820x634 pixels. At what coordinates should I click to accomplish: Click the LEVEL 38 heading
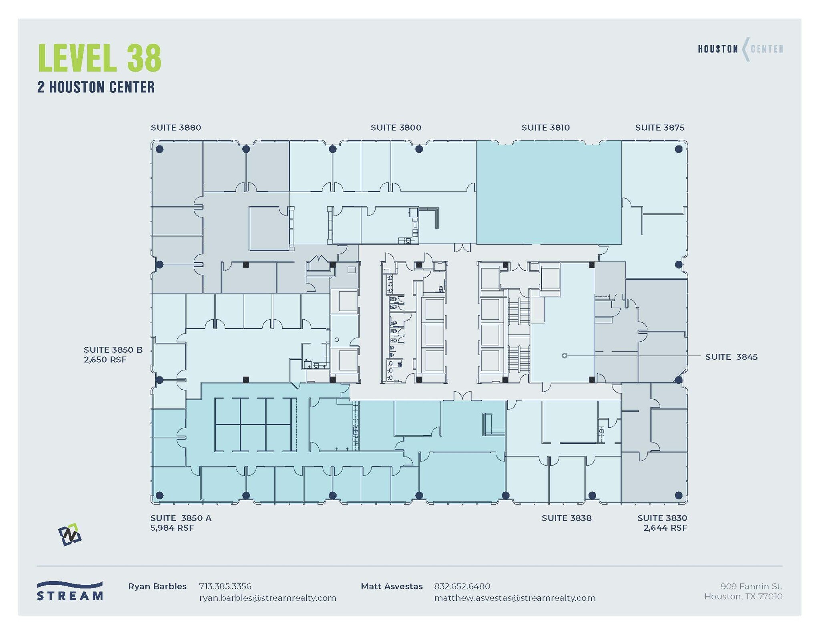coord(100,58)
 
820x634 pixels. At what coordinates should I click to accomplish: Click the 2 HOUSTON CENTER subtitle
coord(96,87)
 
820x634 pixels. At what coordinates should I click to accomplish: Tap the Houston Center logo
coord(740,49)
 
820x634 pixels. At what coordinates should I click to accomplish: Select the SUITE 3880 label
coord(176,128)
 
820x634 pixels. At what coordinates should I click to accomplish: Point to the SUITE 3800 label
coord(396,128)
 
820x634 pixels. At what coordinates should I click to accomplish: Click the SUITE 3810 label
coord(545,128)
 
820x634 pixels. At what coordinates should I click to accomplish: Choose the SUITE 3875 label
coord(659,128)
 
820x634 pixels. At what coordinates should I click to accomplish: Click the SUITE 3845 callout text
coord(731,357)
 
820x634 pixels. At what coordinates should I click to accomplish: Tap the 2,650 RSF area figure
coord(105,360)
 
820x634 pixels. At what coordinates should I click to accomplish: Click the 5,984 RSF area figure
coord(172,528)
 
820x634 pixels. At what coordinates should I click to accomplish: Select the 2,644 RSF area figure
coord(665,528)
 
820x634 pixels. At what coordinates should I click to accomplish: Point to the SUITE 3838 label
coord(566,518)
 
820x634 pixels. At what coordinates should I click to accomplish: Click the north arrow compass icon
coord(70,535)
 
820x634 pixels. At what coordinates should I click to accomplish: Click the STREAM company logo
coord(70,591)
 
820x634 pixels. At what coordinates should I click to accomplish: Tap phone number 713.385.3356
coord(225,586)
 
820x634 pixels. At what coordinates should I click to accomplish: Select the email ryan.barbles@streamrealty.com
coord(267,598)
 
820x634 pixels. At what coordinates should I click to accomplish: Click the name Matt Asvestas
coord(391,586)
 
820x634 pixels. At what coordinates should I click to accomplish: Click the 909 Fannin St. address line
coord(751,586)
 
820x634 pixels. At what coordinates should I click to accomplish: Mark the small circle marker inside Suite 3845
coord(564,356)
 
